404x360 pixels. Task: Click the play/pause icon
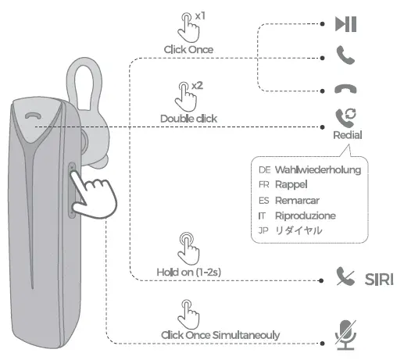345,24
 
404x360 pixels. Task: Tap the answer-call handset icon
345,55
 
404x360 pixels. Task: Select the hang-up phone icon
345,88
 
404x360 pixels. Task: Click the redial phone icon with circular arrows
345,117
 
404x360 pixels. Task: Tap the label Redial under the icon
347,134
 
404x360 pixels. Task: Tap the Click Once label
188,49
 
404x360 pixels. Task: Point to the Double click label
188,119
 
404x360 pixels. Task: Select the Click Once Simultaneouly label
220,335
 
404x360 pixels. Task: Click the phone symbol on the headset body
33,116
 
